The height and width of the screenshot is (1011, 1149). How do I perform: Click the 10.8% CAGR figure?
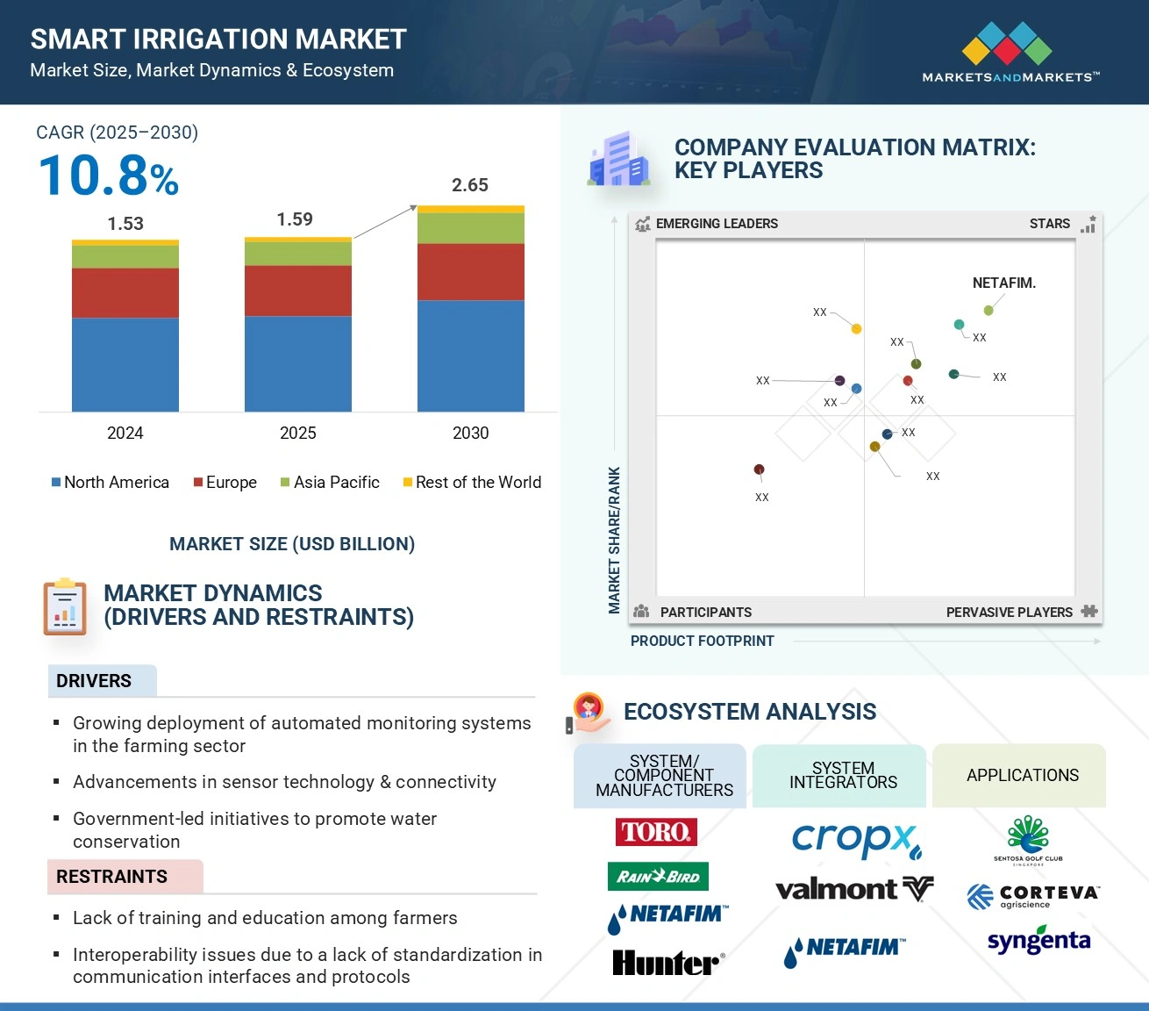tap(109, 176)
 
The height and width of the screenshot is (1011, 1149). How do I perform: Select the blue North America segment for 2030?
tap(470, 355)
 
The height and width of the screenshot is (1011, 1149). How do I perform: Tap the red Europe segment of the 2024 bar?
tap(125, 292)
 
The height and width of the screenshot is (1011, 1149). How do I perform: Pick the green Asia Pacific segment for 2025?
tap(298, 253)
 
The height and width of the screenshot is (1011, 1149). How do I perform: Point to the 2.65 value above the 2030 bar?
tap(470, 185)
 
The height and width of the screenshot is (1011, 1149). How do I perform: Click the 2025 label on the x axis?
tap(298, 433)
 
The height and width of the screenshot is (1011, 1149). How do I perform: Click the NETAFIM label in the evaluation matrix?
tap(1003, 283)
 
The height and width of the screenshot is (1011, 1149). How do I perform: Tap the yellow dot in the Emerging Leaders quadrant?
tap(856, 329)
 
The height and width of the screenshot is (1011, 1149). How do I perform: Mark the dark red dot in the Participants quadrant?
tap(760, 470)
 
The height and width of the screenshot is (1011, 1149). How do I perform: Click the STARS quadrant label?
tap(1050, 224)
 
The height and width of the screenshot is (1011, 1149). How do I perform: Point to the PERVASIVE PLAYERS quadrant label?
tap(1010, 612)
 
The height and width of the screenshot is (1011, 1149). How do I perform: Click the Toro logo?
tap(657, 831)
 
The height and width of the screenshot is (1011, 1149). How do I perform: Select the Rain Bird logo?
tap(658, 876)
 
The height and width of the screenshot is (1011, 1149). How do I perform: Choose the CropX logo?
tap(856, 840)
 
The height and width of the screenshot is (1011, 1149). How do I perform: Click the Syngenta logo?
tap(1038, 942)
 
